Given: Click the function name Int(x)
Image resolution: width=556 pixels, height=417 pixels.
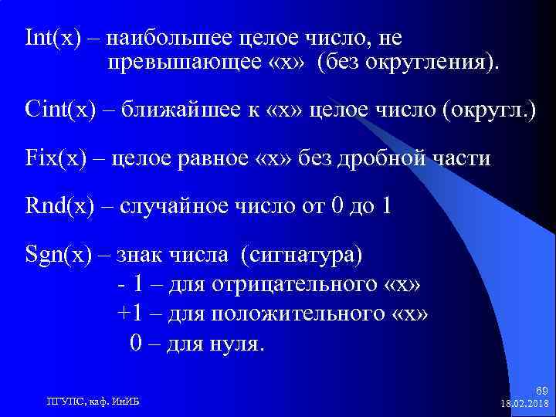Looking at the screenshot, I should (x=53, y=38).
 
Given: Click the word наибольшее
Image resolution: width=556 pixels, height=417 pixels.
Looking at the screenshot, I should (x=171, y=38).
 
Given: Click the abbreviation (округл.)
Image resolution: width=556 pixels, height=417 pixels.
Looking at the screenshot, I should (x=489, y=109).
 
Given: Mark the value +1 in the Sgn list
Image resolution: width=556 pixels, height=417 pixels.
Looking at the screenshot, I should (x=130, y=314).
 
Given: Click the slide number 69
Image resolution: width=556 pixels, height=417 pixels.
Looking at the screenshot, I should (x=541, y=393).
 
